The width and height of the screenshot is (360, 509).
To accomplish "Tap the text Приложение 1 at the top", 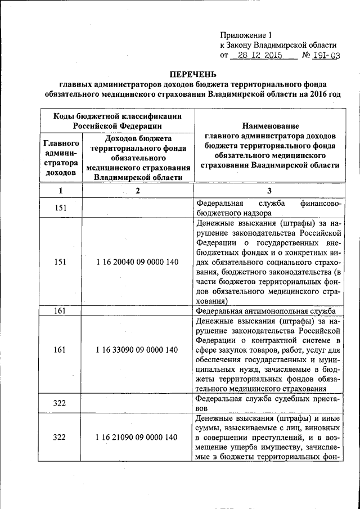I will (x=245, y=35).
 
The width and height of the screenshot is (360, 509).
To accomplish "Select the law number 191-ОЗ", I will (x=327, y=56).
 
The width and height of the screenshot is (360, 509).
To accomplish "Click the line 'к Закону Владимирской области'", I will (x=278, y=45).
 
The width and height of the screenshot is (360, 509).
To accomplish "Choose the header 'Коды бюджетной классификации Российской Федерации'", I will (x=117, y=121).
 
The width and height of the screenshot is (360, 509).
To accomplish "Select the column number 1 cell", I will (x=60, y=191).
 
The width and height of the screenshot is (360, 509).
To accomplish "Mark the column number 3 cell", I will (x=269, y=191).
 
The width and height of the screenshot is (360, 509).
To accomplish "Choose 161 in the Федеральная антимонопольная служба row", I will (x=60, y=311).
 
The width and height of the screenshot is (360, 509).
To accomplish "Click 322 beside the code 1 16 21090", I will (x=60, y=437).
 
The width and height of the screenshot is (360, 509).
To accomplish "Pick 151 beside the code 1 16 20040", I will (x=60, y=262).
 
